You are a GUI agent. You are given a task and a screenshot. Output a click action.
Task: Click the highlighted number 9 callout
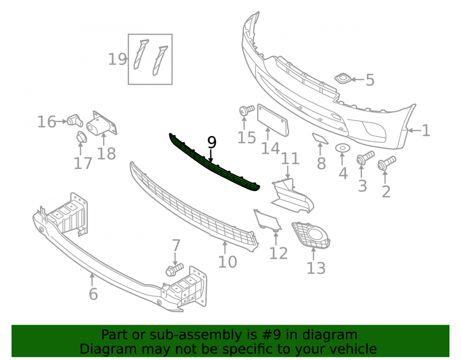tap(212, 142)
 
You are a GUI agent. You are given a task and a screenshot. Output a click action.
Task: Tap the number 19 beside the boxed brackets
tap(118, 59)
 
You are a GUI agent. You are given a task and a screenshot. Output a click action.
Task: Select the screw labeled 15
tap(246, 110)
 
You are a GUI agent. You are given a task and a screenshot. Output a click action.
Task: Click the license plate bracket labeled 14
tap(272, 120)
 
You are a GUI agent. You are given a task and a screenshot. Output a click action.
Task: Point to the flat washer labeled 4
tap(343, 148)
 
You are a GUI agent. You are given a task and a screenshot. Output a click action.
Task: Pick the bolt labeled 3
tap(365, 157)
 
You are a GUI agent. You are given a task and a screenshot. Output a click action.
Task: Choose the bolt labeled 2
tap(387, 163)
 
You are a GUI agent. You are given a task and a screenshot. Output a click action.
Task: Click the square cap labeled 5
tap(342, 78)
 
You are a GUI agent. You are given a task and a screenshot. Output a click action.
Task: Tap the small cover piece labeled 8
tap(320, 138)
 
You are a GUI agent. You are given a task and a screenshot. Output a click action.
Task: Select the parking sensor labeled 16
tap(75, 120)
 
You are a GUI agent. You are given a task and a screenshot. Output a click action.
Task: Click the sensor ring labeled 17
tap(82, 137)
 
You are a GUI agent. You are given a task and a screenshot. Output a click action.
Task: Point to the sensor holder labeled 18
tap(101, 124)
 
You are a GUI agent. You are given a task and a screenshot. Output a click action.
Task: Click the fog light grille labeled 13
tap(311, 235)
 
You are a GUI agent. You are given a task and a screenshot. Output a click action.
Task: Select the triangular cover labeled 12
tap(267, 219)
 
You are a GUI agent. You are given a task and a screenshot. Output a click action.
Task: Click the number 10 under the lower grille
tap(228, 261)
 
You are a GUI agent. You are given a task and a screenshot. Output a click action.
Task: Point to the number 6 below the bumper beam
tap(93, 294)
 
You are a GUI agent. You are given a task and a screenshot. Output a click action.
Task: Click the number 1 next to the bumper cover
tap(426, 130)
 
